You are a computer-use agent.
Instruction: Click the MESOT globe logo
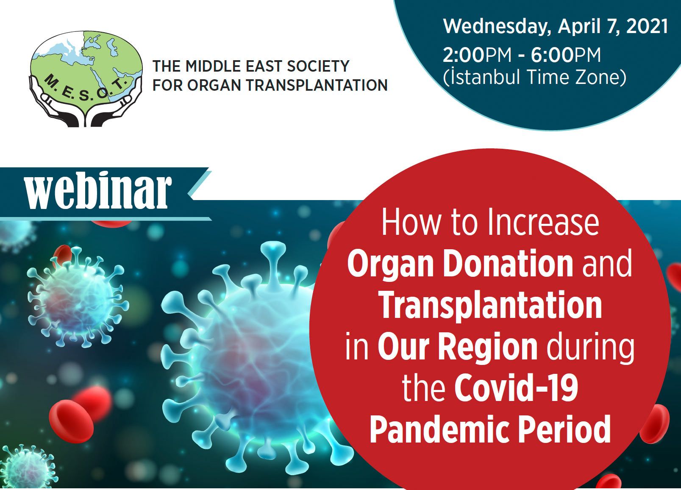(x=86, y=79)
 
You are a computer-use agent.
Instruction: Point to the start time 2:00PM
(x=480, y=55)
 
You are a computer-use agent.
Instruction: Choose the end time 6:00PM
(x=566, y=55)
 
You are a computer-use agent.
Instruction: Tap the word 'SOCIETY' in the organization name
(x=319, y=66)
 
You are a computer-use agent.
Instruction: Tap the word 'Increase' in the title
(x=543, y=223)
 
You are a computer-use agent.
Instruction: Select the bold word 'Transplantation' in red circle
(x=491, y=305)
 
